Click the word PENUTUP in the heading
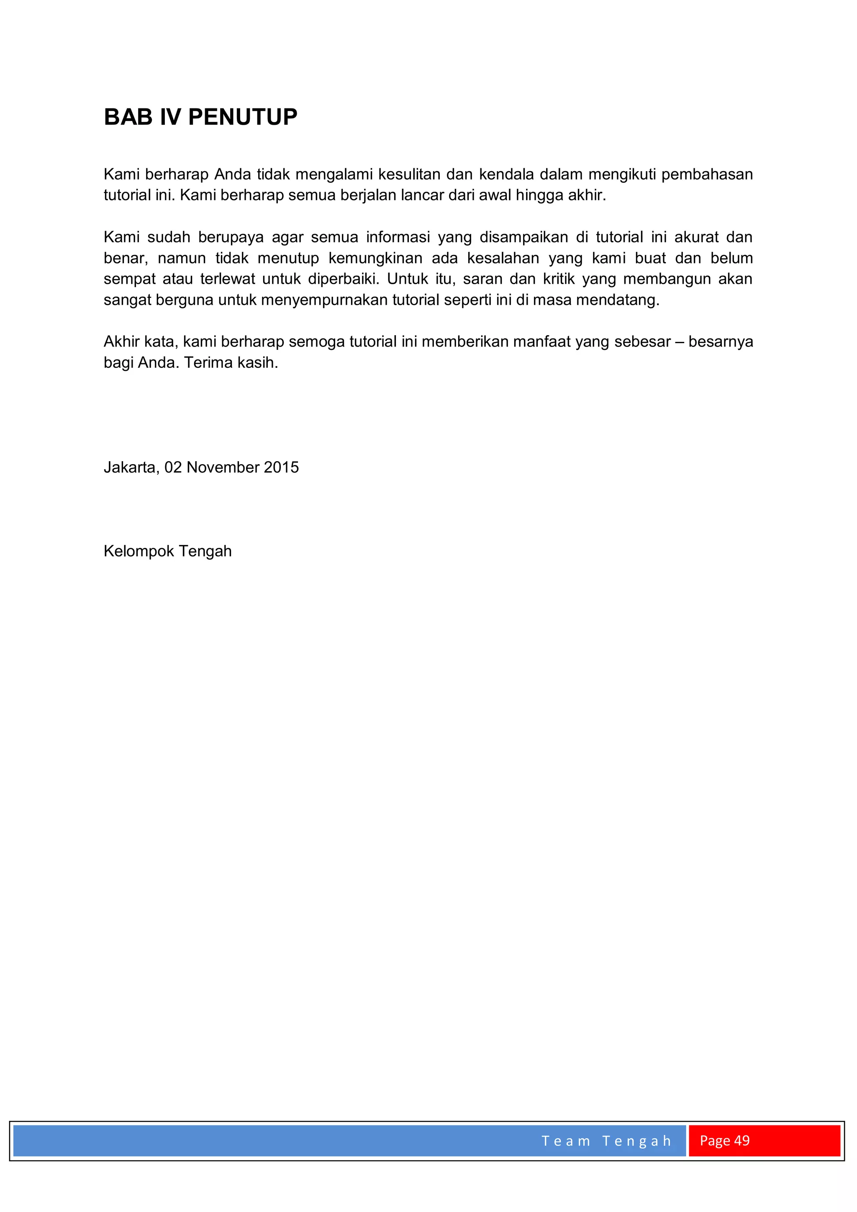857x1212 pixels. [242, 117]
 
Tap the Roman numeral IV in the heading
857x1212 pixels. [170, 117]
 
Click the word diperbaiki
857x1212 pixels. [343, 279]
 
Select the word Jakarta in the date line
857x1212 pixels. [131, 467]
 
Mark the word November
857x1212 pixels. [222, 467]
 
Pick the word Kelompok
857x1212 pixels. [138, 551]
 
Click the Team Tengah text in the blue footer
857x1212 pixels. [606, 1141]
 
